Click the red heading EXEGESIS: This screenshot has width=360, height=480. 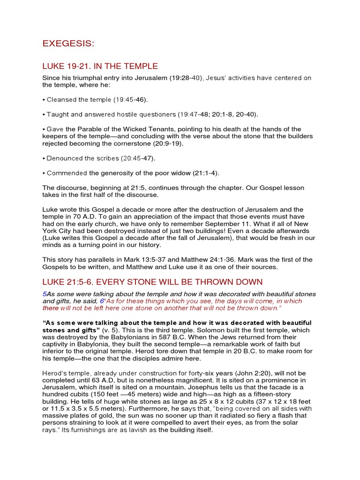click(68, 44)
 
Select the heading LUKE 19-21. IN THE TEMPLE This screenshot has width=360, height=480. click(100, 66)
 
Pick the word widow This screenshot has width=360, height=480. click(176, 173)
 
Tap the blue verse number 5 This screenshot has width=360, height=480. click(44, 293)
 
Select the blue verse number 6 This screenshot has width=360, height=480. click(102, 301)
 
